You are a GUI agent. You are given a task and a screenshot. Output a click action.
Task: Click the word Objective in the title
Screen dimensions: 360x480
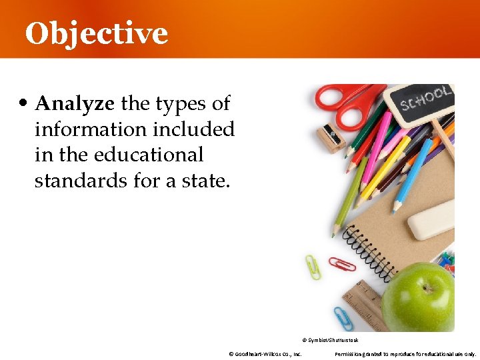point(97,33)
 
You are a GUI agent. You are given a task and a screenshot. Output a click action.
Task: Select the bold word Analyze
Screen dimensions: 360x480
point(75,104)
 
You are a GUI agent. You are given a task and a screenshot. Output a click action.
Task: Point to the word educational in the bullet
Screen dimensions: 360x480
point(149,155)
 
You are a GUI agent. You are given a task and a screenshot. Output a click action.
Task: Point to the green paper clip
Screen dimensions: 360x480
point(313,266)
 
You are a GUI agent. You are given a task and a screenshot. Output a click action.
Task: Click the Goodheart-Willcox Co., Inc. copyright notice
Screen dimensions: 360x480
point(265,353)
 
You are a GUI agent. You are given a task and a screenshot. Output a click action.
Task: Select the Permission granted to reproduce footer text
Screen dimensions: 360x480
point(405,353)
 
